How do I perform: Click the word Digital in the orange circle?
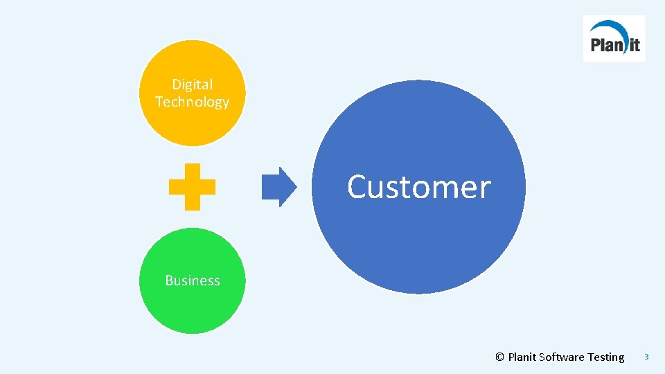(x=193, y=84)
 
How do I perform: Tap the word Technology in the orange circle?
(x=193, y=103)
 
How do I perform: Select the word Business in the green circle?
(x=193, y=280)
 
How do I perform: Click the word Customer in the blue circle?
(x=418, y=187)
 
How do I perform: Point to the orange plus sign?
(x=193, y=187)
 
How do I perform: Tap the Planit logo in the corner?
(x=614, y=39)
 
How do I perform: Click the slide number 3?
(x=646, y=357)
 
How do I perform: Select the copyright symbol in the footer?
(x=499, y=357)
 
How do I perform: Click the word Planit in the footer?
(x=522, y=357)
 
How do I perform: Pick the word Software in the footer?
(x=562, y=357)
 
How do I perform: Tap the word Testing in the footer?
(x=605, y=357)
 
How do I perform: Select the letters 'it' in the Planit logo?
(x=633, y=46)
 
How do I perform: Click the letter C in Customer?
(x=357, y=187)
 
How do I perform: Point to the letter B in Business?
(x=169, y=280)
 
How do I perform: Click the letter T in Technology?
(x=159, y=102)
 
